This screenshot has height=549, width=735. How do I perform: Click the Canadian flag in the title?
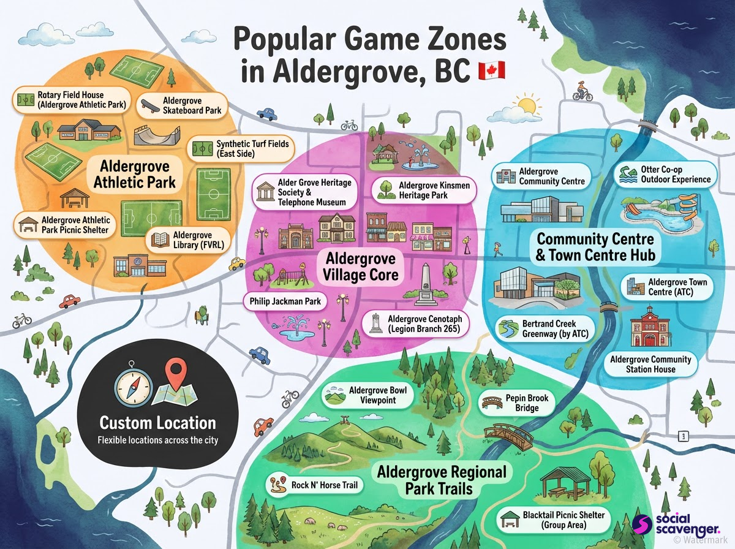[491, 70]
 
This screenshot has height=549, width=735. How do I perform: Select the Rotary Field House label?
[73, 100]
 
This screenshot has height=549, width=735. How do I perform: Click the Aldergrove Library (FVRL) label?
[188, 240]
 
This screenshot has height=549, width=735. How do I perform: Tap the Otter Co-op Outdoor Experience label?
[665, 174]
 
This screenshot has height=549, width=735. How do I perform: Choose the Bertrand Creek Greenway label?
[538, 328]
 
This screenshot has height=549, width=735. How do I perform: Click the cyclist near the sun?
[582, 93]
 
